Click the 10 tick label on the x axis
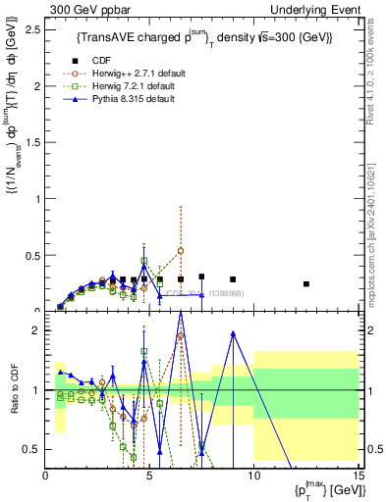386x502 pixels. coord(253,476)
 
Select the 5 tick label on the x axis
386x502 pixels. coord(149,476)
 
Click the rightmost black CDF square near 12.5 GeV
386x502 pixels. coord(306,283)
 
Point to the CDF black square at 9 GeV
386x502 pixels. coord(233,279)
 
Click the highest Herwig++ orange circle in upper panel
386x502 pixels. coord(181,250)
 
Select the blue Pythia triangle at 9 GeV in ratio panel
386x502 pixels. coord(233,333)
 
